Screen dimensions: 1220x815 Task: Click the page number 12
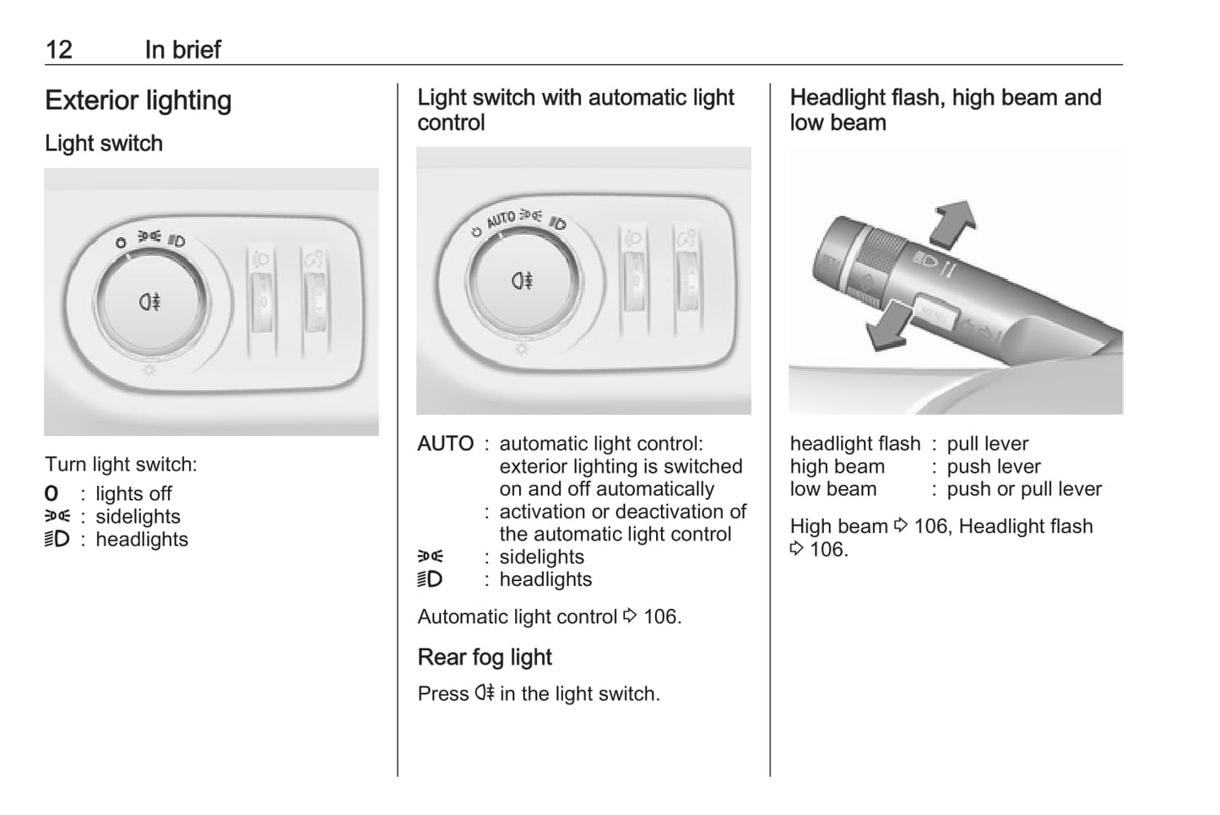click(59, 50)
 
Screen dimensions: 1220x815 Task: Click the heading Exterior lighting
click(138, 101)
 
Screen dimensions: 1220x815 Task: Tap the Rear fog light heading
click(485, 658)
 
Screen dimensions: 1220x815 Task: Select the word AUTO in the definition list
click(446, 443)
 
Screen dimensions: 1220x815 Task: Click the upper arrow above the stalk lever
click(952, 223)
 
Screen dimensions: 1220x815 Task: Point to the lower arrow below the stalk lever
click(887, 326)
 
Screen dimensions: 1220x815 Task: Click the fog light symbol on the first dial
click(149, 302)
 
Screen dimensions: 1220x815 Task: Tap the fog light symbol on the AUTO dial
click(523, 280)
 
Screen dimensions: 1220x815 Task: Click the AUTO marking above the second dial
click(501, 219)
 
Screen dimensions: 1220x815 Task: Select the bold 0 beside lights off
click(52, 493)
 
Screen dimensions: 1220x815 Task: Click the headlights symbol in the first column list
click(57, 540)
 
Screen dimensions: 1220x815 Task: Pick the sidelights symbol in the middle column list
click(431, 557)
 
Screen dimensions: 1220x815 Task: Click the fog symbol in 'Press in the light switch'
click(484, 693)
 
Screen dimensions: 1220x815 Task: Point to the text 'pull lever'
click(988, 444)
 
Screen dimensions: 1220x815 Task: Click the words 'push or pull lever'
click(1024, 489)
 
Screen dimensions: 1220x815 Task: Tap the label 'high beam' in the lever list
click(838, 467)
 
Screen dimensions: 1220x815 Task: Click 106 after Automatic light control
click(660, 617)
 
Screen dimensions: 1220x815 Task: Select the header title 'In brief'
click(183, 50)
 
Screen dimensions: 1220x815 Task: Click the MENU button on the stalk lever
click(935, 312)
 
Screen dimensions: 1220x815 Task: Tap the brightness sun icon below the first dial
click(149, 371)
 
